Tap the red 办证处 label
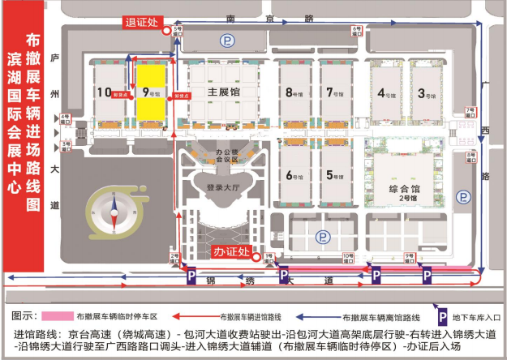231,252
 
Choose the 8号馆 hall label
293,92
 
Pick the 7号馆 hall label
333,92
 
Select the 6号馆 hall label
293,174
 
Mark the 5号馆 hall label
333,174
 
